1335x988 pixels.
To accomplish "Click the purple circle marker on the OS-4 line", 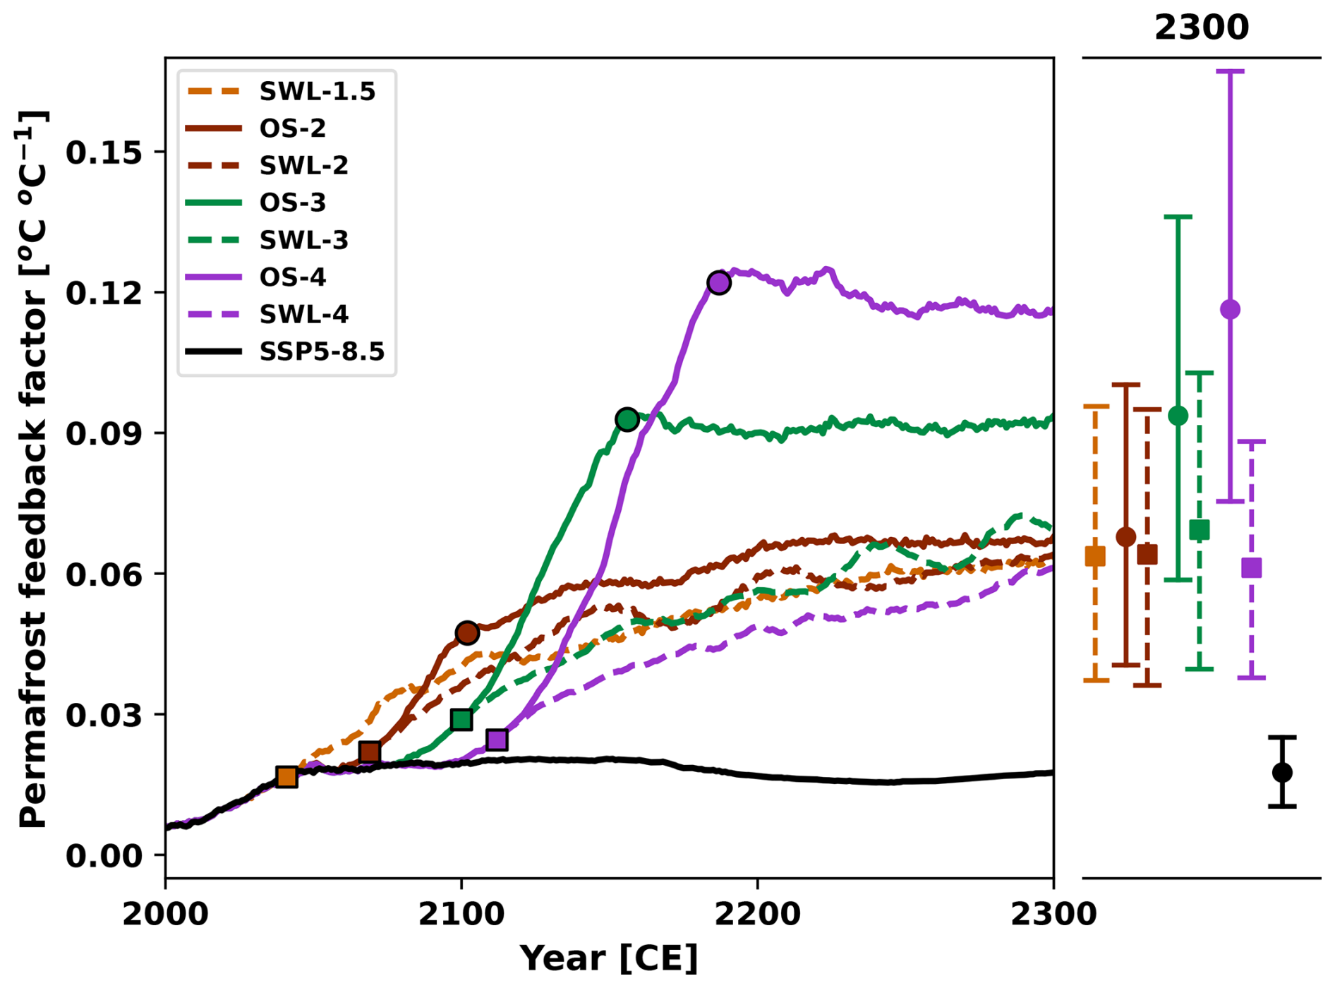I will [x=718, y=283].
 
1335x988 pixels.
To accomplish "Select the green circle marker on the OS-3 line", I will [x=627, y=420].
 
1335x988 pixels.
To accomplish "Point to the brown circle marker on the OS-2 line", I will [x=467, y=633].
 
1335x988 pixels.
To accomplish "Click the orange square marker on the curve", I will [x=286, y=777].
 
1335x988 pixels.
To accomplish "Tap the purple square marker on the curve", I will [x=497, y=740].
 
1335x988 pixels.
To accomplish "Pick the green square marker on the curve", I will [x=461, y=720].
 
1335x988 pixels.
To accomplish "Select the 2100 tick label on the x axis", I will [x=461, y=915].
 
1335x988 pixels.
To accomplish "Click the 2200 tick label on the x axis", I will [x=757, y=915].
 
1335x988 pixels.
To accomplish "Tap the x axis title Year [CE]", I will [x=608, y=958].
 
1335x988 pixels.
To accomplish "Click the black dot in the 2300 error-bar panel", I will [x=1282, y=772].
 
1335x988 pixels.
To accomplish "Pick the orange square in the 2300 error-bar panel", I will [x=1095, y=556].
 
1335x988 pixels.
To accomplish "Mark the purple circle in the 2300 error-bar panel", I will [x=1230, y=309].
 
